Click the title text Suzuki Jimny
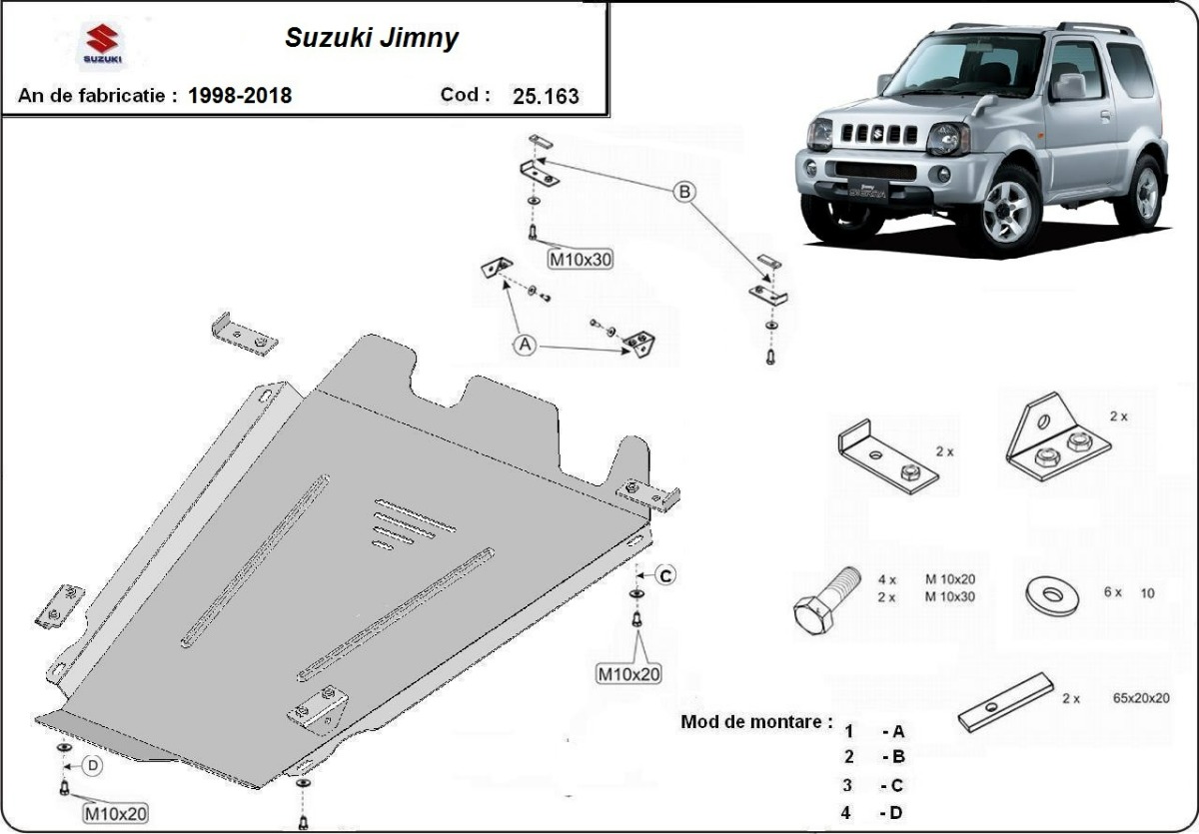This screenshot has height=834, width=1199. [x=373, y=38]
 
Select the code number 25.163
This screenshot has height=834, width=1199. [x=546, y=97]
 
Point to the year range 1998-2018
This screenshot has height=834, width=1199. [x=240, y=96]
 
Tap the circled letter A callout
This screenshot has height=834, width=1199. [x=526, y=345]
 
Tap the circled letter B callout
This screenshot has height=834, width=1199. [x=685, y=192]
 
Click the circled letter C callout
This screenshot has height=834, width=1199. [x=665, y=574]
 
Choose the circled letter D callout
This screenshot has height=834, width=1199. [x=92, y=766]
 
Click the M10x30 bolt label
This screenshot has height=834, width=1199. [x=581, y=260]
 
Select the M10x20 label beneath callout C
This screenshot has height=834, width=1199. [x=628, y=674]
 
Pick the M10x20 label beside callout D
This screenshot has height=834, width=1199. [x=115, y=813]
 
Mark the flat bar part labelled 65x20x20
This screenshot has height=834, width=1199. [x=1005, y=703]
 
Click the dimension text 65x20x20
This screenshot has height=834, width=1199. [x=1140, y=698]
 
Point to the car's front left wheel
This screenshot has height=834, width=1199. [x=1007, y=209]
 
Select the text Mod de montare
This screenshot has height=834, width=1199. [x=755, y=721]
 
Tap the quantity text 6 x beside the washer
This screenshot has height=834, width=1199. [x=1113, y=592]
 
